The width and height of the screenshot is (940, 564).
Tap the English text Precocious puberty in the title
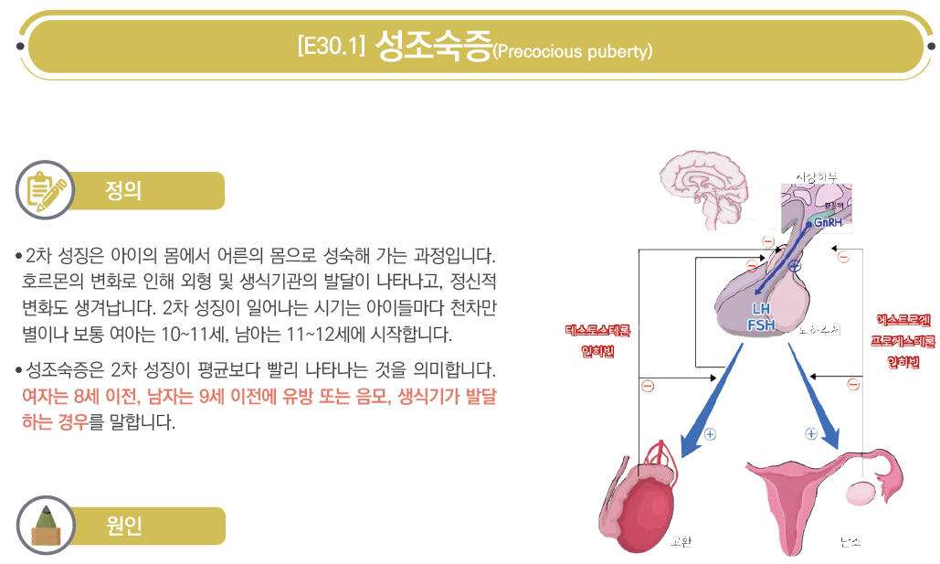[573, 51]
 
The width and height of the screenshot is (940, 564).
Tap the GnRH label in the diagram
[828, 222]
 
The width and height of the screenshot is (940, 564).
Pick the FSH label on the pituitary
[762, 325]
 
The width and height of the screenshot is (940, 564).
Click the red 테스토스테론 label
[597, 330]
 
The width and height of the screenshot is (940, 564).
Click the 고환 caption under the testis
[681, 541]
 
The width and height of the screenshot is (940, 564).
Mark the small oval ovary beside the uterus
[861, 494]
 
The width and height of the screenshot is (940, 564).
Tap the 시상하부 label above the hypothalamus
[816, 176]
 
